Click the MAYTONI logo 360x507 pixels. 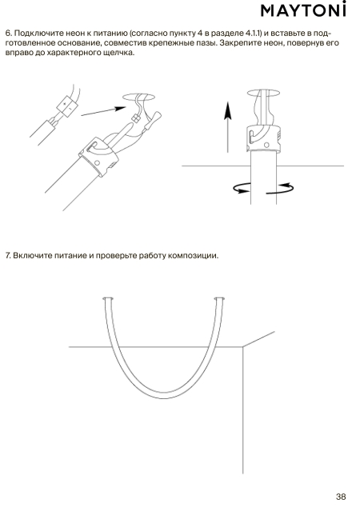(303, 10)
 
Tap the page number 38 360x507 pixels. (341, 497)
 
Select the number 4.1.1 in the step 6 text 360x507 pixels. (254, 33)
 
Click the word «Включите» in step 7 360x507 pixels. (33, 255)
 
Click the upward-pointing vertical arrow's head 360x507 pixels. (228, 110)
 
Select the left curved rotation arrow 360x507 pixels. (242, 188)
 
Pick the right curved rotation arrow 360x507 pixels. (280, 189)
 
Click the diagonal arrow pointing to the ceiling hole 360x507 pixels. (103, 111)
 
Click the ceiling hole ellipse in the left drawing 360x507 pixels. (139, 97)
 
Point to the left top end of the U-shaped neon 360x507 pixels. (108, 299)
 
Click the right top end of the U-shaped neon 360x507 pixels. (220, 299)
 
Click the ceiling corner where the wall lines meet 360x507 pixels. (243, 347)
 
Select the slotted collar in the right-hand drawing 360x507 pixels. (263, 138)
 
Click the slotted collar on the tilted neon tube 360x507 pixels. (98, 155)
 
